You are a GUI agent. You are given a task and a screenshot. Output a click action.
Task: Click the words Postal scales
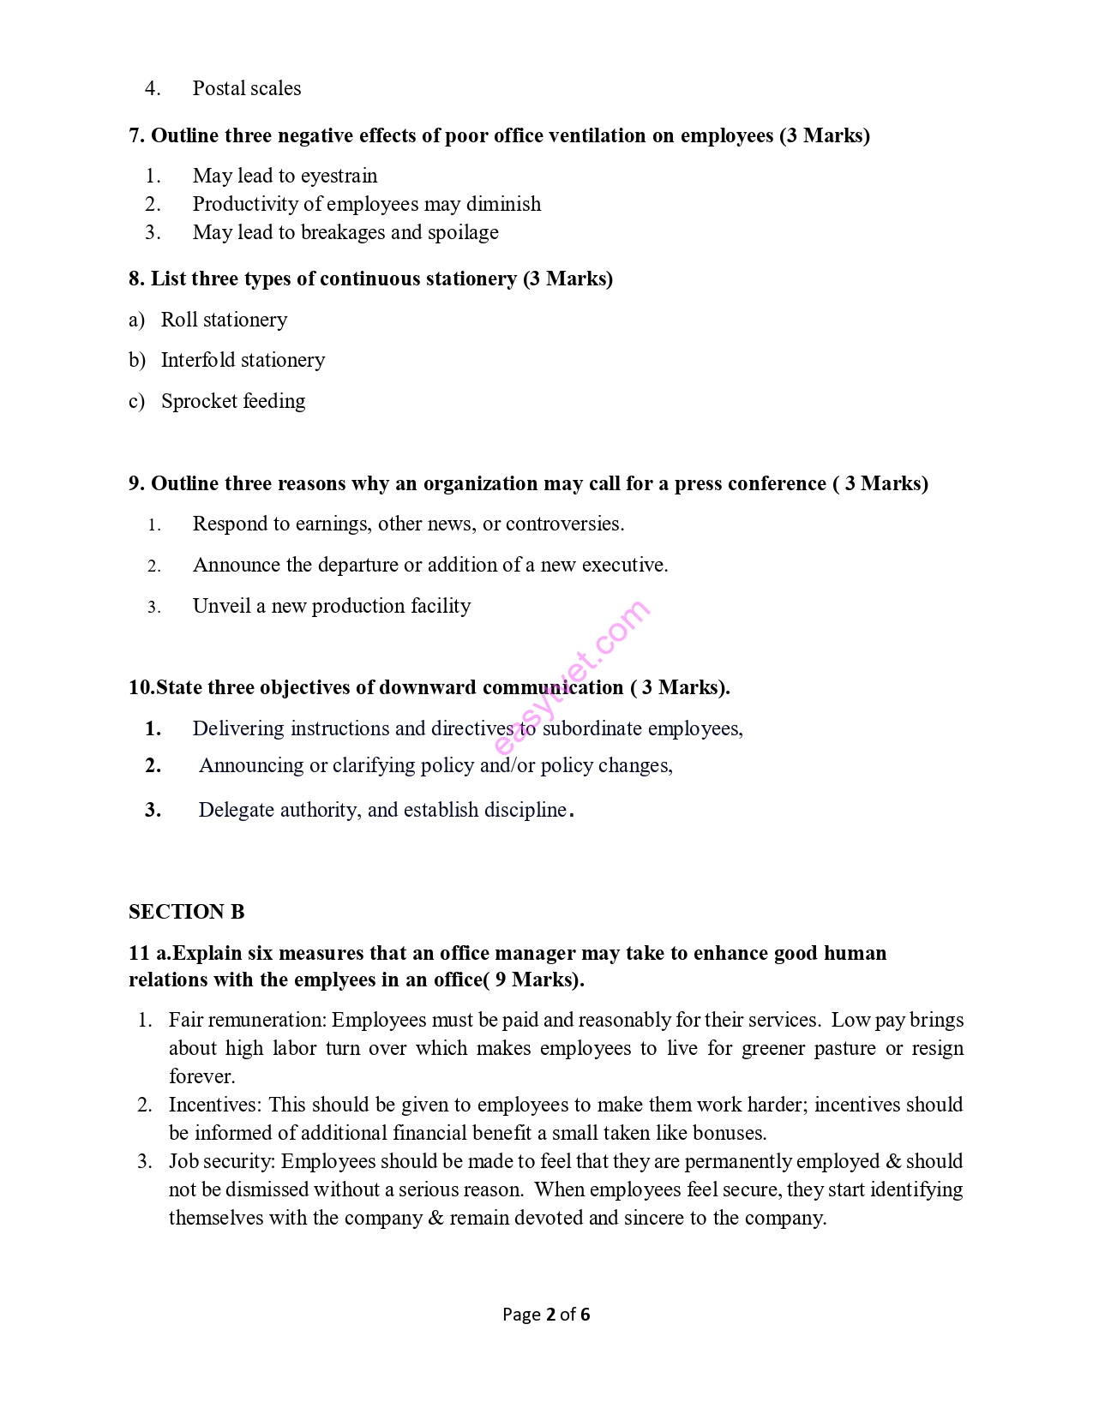coord(246,88)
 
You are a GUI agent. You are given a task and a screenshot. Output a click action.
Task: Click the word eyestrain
coord(339,176)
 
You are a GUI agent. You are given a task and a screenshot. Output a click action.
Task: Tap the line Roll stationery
coord(224,320)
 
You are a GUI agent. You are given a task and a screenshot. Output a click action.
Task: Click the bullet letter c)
coord(136,401)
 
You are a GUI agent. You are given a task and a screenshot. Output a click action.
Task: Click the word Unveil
coord(221,606)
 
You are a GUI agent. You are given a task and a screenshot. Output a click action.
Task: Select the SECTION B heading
coord(186,912)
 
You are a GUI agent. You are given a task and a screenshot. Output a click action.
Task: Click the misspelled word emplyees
coord(335,980)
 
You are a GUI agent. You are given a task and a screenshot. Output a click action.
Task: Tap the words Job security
coord(221,1161)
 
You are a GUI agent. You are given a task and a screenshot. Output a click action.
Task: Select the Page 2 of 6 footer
coord(546,1315)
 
